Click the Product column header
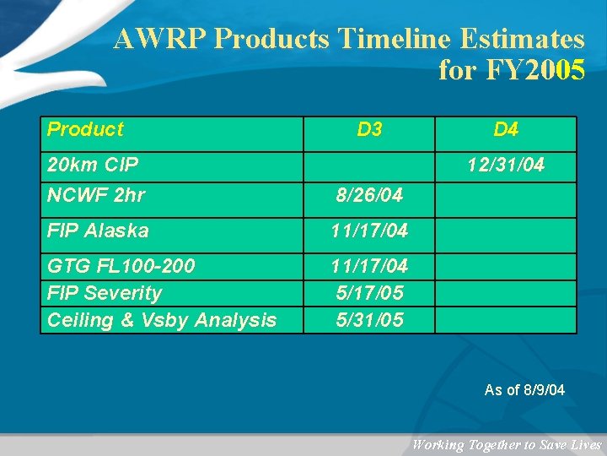tap(85, 129)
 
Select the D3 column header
tap(369, 129)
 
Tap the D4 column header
tap(506, 129)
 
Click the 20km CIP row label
tap(93, 165)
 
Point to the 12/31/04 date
tap(506, 165)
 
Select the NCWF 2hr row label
tap(96, 195)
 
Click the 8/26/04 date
tap(369, 195)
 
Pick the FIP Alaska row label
tap(98, 231)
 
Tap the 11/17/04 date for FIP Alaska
tap(369, 231)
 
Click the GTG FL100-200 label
tap(121, 266)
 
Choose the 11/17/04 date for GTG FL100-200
tap(369, 266)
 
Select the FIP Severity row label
tap(105, 293)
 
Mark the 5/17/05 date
tap(369, 293)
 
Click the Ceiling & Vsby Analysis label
tap(162, 320)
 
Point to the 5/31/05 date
tap(369, 320)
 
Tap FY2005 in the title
tap(534, 70)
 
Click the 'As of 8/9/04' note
tap(524, 390)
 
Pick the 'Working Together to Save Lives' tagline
tap(507, 445)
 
